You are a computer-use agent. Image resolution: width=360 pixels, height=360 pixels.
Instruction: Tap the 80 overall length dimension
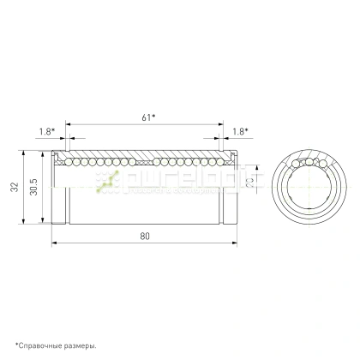click(x=142, y=235)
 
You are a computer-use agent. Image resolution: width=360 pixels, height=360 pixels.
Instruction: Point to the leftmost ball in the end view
click(x=294, y=165)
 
